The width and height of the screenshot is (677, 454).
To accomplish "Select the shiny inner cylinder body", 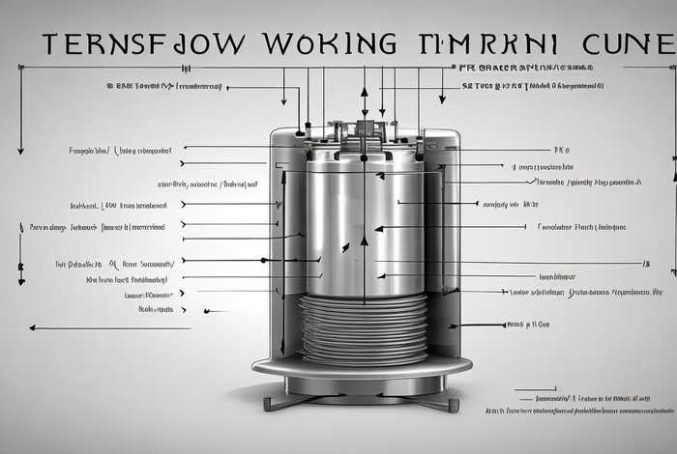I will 363,222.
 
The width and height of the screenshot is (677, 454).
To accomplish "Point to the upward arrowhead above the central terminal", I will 365,91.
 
